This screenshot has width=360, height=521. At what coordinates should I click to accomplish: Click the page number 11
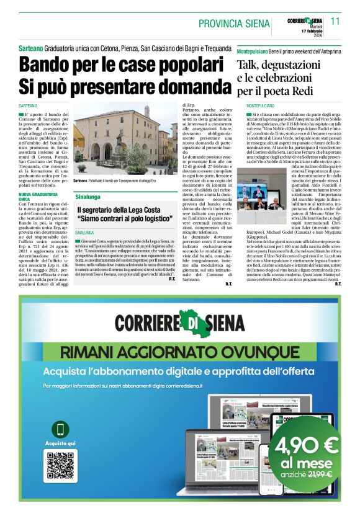click(336, 21)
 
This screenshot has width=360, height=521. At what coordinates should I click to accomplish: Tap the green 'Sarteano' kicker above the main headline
click(30, 48)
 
